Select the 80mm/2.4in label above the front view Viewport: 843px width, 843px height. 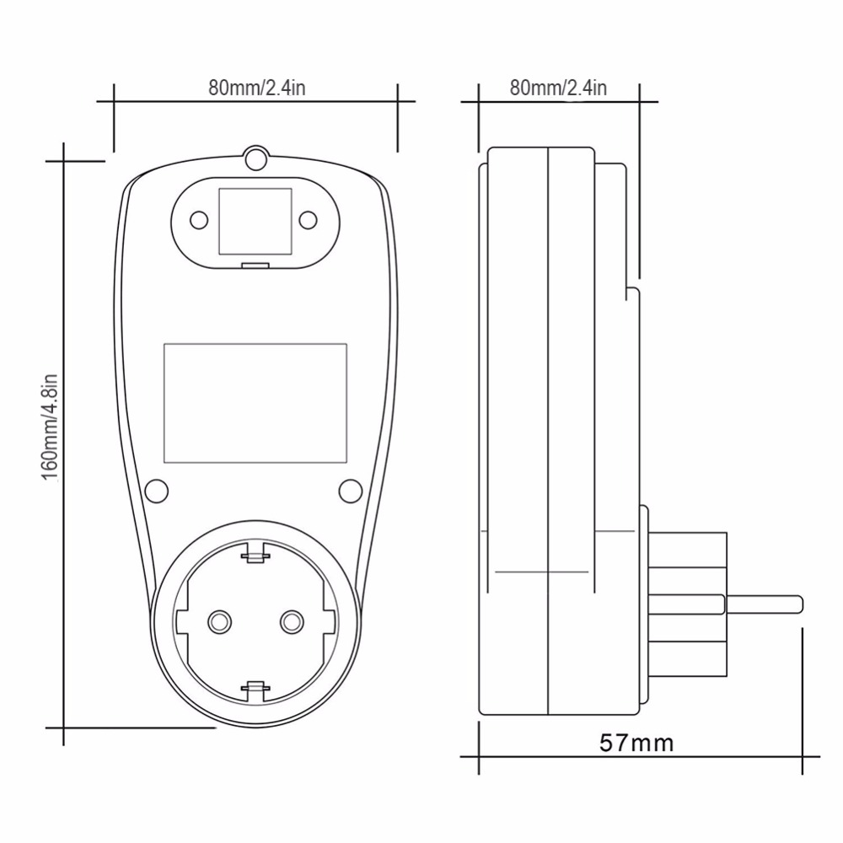click(x=255, y=88)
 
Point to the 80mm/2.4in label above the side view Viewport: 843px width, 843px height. click(x=558, y=88)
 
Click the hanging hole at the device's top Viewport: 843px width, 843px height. click(x=255, y=158)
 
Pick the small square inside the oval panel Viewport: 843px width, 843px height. click(x=255, y=221)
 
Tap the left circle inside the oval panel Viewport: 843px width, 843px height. click(x=199, y=221)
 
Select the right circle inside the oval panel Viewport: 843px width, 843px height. click(x=309, y=221)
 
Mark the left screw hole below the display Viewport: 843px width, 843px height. click(x=156, y=490)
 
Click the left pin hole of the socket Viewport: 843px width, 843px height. click(x=219, y=621)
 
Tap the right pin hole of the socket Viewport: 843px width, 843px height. click(x=292, y=621)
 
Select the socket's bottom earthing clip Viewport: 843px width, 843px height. click(x=255, y=690)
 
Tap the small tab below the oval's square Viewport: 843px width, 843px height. click(x=255, y=265)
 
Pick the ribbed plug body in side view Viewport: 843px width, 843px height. click(x=685, y=603)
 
